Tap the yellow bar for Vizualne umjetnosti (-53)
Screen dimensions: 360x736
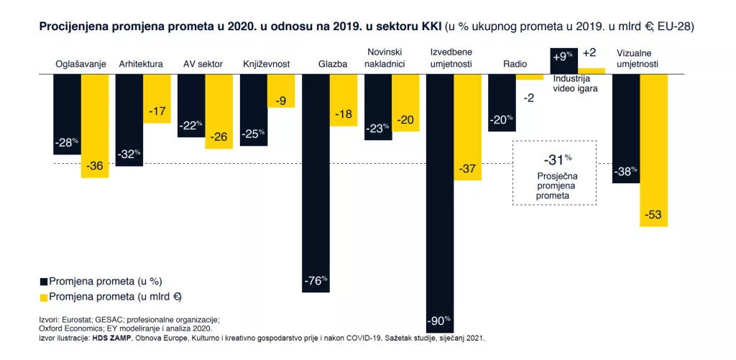[653, 150]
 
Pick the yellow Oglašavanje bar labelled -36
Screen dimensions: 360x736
[95, 126]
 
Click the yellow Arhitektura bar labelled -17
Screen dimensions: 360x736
[157, 98]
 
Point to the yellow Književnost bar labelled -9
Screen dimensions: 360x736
[281, 91]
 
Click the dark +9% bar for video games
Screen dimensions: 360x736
[563, 60]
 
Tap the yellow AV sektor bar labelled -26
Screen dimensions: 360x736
[219, 111]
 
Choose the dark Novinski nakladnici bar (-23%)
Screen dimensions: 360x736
[377, 107]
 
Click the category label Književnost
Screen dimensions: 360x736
[267, 64]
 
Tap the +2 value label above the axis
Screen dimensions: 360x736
[589, 53]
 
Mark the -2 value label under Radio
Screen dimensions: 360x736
[529, 98]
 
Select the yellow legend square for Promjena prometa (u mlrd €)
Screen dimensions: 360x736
[43, 297]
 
